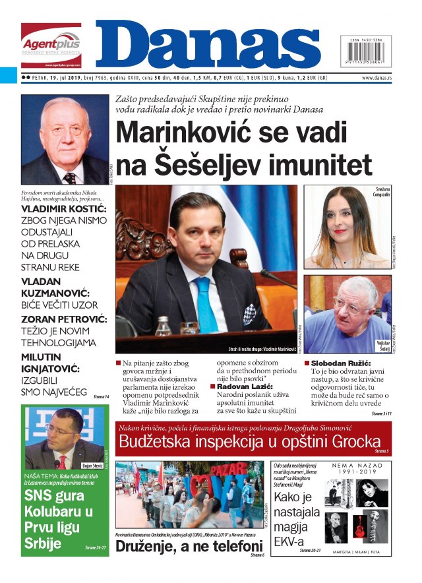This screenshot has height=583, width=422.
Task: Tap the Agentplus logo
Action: pos(51,44)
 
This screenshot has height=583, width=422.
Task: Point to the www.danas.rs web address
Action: pos(377,78)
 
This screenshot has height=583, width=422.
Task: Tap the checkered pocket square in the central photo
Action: pos(249,313)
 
